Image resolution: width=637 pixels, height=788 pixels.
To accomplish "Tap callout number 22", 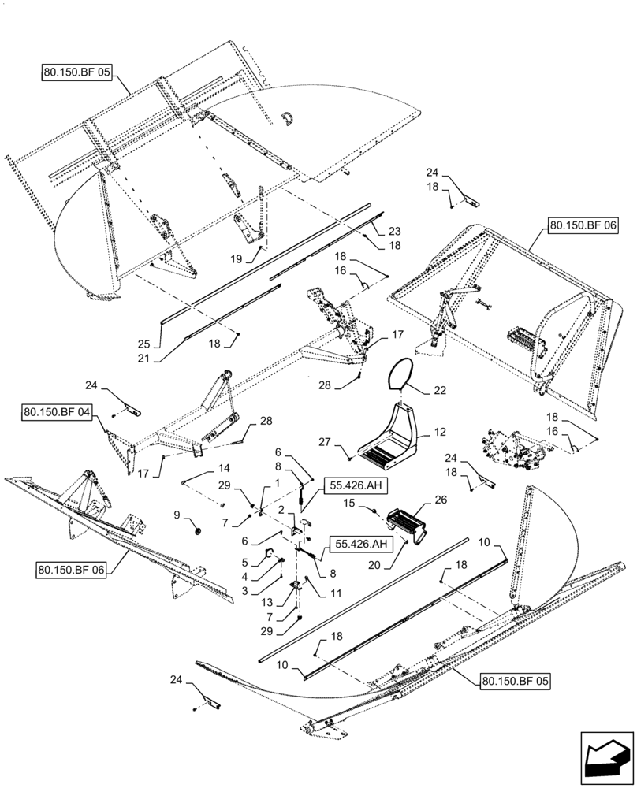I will [439, 390].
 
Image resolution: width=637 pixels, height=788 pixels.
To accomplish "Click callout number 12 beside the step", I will [439, 432].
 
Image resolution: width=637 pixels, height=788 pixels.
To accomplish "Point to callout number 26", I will [439, 499].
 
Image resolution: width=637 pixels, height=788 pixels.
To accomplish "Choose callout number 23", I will [394, 232].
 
